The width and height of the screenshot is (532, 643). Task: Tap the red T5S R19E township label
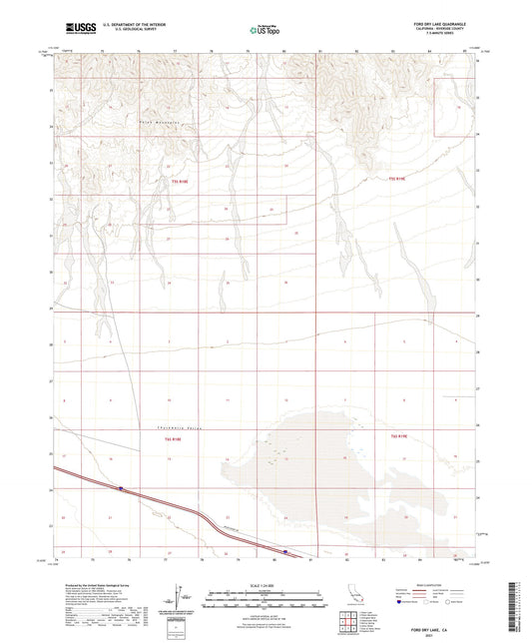click(x=398, y=179)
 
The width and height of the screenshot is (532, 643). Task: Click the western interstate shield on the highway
click(x=121, y=488)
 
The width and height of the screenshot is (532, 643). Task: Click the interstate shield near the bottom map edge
click(x=285, y=549)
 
